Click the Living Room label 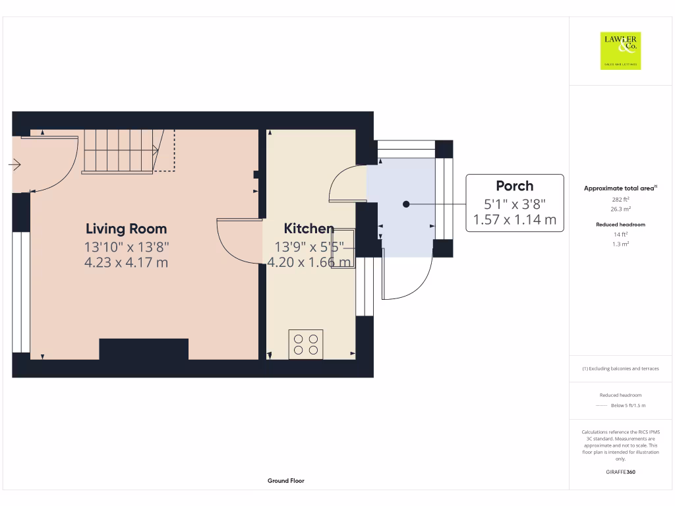pyautogui.click(x=126, y=229)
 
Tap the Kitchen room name pyautogui.click(x=308, y=229)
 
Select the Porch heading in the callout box pyautogui.click(x=514, y=186)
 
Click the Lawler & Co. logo pyautogui.click(x=620, y=51)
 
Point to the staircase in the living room pyautogui.click(x=122, y=151)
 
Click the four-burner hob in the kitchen pyautogui.click(x=306, y=344)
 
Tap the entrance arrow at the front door pyautogui.click(x=15, y=165)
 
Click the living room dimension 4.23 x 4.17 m pyautogui.click(x=126, y=263)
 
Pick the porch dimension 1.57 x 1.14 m pyautogui.click(x=514, y=219)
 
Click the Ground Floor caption pyautogui.click(x=286, y=481)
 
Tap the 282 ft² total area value pyautogui.click(x=620, y=199)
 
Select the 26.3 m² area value pyautogui.click(x=620, y=209)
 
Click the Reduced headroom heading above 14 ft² pyautogui.click(x=620, y=225)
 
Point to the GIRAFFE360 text pyautogui.click(x=620, y=472)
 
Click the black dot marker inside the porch pyautogui.click(x=406, y=204)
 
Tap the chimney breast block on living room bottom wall pyautogui.click(x=144, y=349)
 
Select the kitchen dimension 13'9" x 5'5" pyautogui.click(x=308, y=246)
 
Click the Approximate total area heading pyautogui.click(x=619, y=188)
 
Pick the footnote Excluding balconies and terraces pyautogui.click(x=620, y=368)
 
